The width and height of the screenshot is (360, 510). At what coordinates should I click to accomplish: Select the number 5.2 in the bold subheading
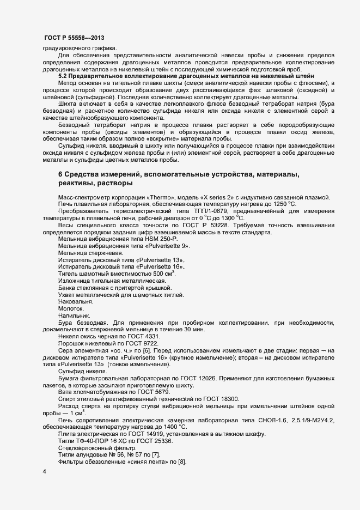coord(63,76)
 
